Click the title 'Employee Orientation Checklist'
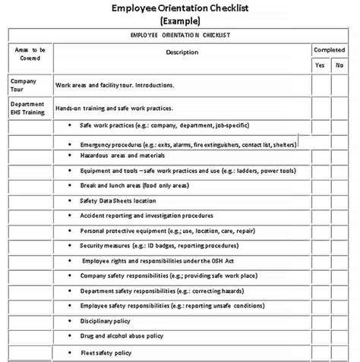181,8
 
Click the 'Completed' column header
330,50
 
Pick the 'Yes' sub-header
320,66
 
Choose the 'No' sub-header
339,66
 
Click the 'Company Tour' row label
23,85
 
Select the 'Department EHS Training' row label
28,109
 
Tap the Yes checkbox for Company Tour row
320,85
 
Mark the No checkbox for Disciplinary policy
339,321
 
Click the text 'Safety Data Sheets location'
118,200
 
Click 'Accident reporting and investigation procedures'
145,216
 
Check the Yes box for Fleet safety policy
320,353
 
